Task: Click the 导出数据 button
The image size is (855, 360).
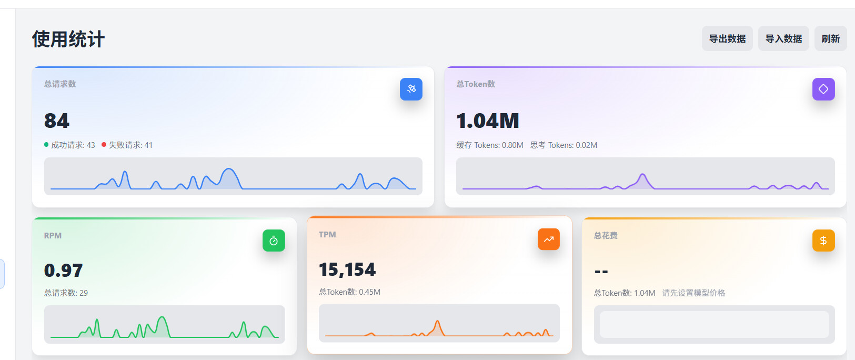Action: [727, 38]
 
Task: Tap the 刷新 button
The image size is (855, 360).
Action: [831, 38]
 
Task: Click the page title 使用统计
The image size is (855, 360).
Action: [68, 39]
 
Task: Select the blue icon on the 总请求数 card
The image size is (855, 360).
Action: [411, 89]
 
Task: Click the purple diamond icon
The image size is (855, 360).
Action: [823, 89]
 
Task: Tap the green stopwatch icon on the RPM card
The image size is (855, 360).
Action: [274, 241]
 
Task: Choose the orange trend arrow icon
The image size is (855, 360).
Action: [548, 239]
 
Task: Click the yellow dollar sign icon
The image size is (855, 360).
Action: [823, 241]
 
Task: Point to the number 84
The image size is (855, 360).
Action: [56, 121]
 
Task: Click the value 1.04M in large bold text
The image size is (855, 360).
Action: [487, 121]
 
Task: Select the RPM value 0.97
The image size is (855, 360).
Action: [63, 271]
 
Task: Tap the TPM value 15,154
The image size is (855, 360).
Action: [347, 269]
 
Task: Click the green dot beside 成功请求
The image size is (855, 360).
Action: [46, 144]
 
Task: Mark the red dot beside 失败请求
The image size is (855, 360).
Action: [104, 144]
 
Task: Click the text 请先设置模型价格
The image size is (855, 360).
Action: [693, 293]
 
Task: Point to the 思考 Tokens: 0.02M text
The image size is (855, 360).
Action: [564, 145]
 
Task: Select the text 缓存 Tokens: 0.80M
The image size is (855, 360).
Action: [490, 145]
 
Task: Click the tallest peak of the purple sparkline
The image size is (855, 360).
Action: [643, 174]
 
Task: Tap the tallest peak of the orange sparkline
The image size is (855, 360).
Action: [437, 322]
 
